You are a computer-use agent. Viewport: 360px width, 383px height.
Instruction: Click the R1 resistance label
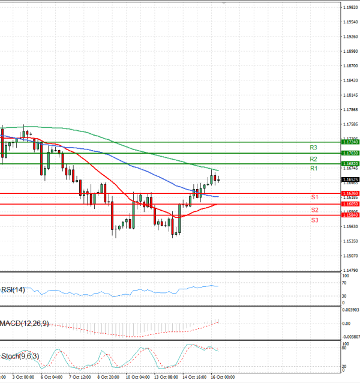313,169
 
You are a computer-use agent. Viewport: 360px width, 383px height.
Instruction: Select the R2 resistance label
313,159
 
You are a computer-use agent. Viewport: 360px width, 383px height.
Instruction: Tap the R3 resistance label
313,147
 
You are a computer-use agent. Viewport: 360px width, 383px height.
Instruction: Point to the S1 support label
314,198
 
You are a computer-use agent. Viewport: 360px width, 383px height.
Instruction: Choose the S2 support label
314,210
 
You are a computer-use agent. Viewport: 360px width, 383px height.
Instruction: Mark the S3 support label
314,220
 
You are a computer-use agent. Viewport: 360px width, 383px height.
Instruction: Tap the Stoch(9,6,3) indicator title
20,357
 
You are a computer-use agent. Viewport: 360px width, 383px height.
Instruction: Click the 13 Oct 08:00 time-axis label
165,377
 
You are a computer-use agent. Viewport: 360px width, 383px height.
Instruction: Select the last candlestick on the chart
219,178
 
